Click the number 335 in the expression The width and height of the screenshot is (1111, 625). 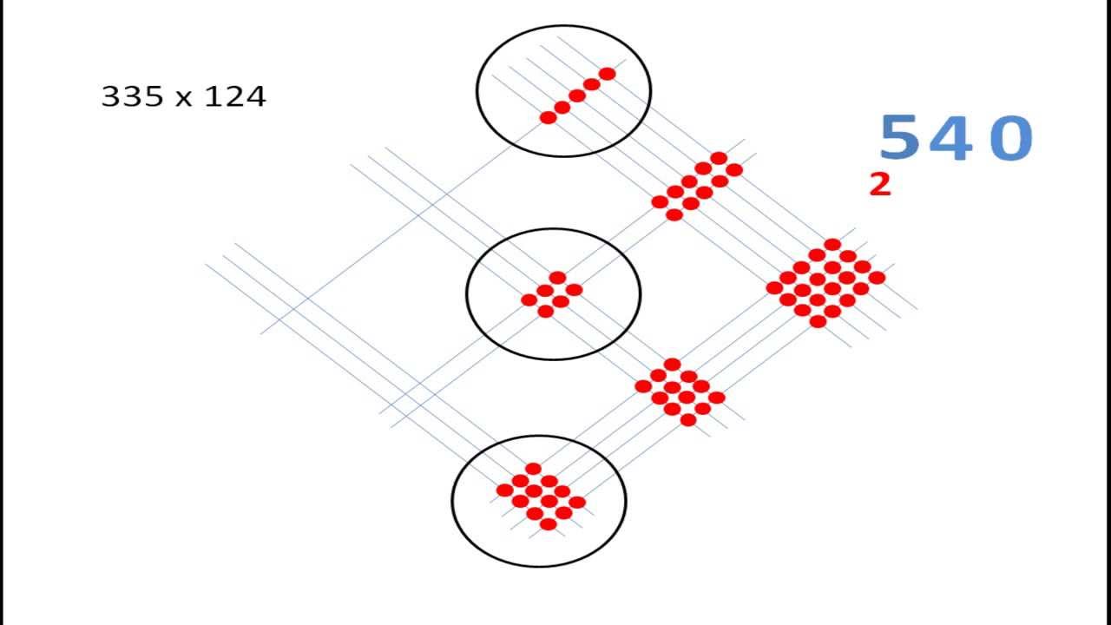click(x=132, y=96)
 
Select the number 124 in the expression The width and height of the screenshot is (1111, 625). click(x=235, y=96)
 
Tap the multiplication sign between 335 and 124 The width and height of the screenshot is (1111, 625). click(x=183, y=98)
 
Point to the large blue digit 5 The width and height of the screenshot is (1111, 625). click(x=898, y=138)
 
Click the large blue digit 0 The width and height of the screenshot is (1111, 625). click(x=1010, y=139)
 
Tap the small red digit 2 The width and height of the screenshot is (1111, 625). click(x=880, y=184)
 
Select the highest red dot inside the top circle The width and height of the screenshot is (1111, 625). click(x=608, y=74)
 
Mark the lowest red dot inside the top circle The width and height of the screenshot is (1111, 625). click(x=549, y=117)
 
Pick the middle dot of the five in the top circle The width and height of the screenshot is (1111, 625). click(x=577, y=95)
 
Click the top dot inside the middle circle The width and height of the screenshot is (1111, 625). click(x=558, y=278)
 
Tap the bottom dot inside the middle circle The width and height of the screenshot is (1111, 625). click(x=546, y=311)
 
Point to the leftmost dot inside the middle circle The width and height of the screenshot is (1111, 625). click(x=529, y=300)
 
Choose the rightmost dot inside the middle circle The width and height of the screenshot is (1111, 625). click(x=575, y=290)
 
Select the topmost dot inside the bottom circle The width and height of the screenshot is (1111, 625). click(x=533, y=469)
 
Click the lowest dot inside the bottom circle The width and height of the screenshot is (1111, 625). click(x=548, y=524)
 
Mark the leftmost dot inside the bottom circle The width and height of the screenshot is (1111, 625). click(x=504, y=490)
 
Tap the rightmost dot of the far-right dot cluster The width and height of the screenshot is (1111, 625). click(x=878, y=278)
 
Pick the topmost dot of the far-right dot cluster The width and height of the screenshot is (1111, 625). click(x=832, y=245)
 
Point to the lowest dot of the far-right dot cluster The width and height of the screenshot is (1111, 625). click(x=818, y=321)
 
